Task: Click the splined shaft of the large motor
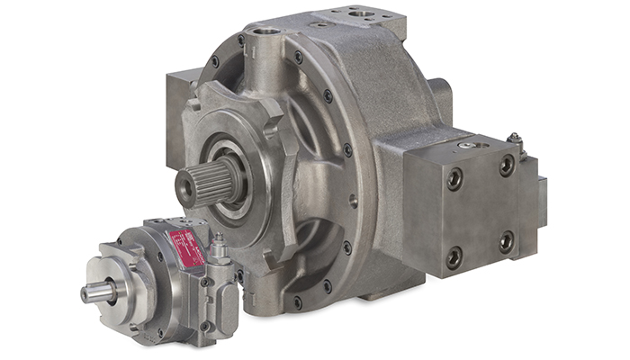click(x=202, y=184)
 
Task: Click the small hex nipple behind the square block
click(x=515, y=139)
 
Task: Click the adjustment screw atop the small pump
click(x=218, y=245)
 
